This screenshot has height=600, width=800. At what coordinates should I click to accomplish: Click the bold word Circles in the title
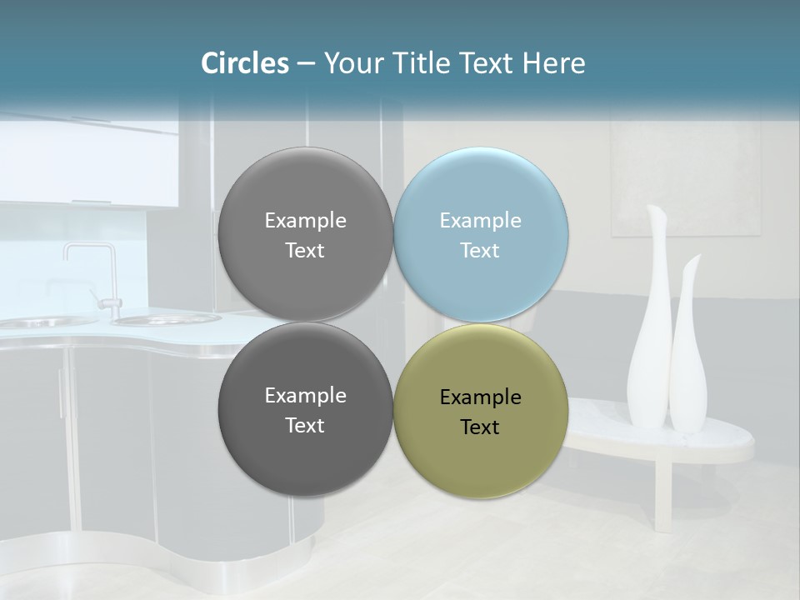[245, 63]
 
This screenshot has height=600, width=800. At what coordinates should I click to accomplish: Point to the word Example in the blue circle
[481, 221]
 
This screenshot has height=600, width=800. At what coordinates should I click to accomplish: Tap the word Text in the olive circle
[480, 427]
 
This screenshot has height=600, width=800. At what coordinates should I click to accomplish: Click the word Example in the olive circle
[481, 397]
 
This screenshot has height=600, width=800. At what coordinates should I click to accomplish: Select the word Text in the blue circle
[480, 251]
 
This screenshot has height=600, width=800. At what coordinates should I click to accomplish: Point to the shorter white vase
[688, 350]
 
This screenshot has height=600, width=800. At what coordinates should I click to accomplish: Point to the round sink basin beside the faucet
[167, 318]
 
